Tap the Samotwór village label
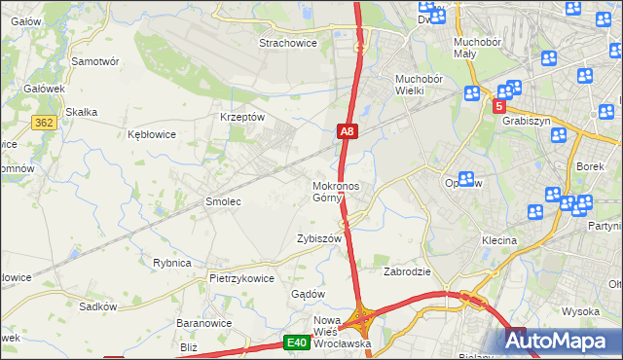click(95, 60)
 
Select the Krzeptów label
click(242, 117)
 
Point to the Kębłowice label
click(152, 134)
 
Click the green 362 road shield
click(43, 122)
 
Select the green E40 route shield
click(298, 342)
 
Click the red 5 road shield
click(499, 105)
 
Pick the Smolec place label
click(222, 201)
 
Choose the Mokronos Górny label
click(336, 192)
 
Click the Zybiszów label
click(319, 238)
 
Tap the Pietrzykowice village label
click(241, 277)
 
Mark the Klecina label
click(498, 239)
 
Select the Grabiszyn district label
click(527, 122)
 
